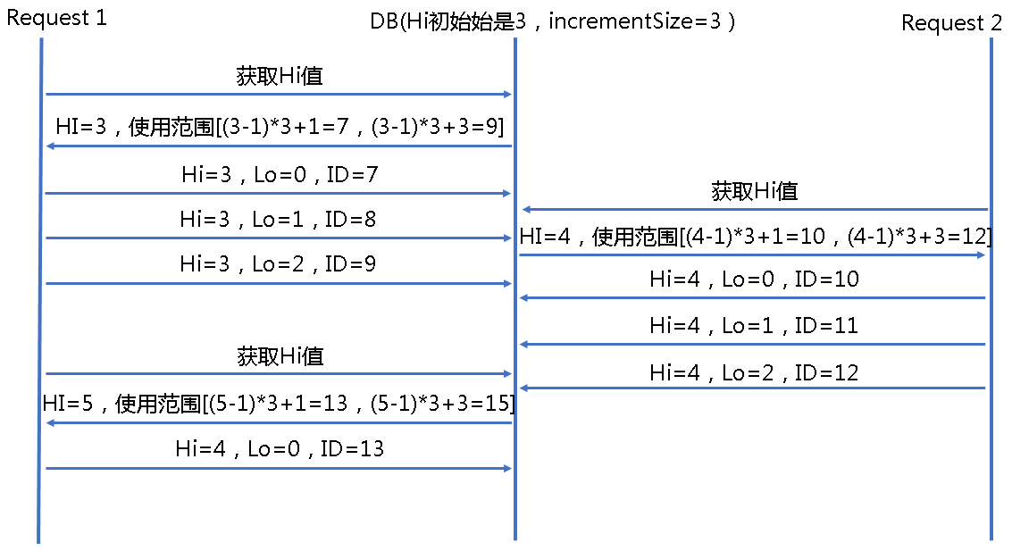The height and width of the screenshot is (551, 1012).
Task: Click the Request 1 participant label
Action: (57, 18)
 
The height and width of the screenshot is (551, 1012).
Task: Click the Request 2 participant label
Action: (951, 22)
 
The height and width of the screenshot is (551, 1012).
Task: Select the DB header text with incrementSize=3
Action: (553, 22)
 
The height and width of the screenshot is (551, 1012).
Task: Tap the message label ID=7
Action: (280, 174)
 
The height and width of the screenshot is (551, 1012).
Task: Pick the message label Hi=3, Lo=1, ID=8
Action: (278, 220)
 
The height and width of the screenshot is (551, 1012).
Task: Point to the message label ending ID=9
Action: (278, 263)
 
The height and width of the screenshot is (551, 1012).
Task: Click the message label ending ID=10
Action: (755, 279)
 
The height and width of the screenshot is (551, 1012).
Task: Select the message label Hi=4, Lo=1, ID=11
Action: (755, 325)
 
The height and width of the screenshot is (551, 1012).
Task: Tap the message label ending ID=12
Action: (755, 372)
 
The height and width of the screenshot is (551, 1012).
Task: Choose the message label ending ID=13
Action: (280, 448)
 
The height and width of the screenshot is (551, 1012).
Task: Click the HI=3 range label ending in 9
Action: (280, 126)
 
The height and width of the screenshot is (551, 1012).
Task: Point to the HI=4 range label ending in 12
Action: (756, 237)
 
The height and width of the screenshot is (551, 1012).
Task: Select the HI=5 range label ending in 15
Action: (279, 404)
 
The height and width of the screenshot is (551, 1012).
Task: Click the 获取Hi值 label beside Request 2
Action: (755, 191)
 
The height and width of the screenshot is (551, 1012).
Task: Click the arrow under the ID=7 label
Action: (278, 193)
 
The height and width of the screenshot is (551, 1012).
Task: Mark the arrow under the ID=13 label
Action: (278, 468)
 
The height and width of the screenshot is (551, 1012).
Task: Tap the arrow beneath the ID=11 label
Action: (753, 344)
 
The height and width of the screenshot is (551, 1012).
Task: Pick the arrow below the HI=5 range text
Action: (279, 422)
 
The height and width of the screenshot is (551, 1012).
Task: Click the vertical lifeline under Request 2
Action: (991, 289)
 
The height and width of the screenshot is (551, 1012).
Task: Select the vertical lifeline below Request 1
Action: (40, 290)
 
